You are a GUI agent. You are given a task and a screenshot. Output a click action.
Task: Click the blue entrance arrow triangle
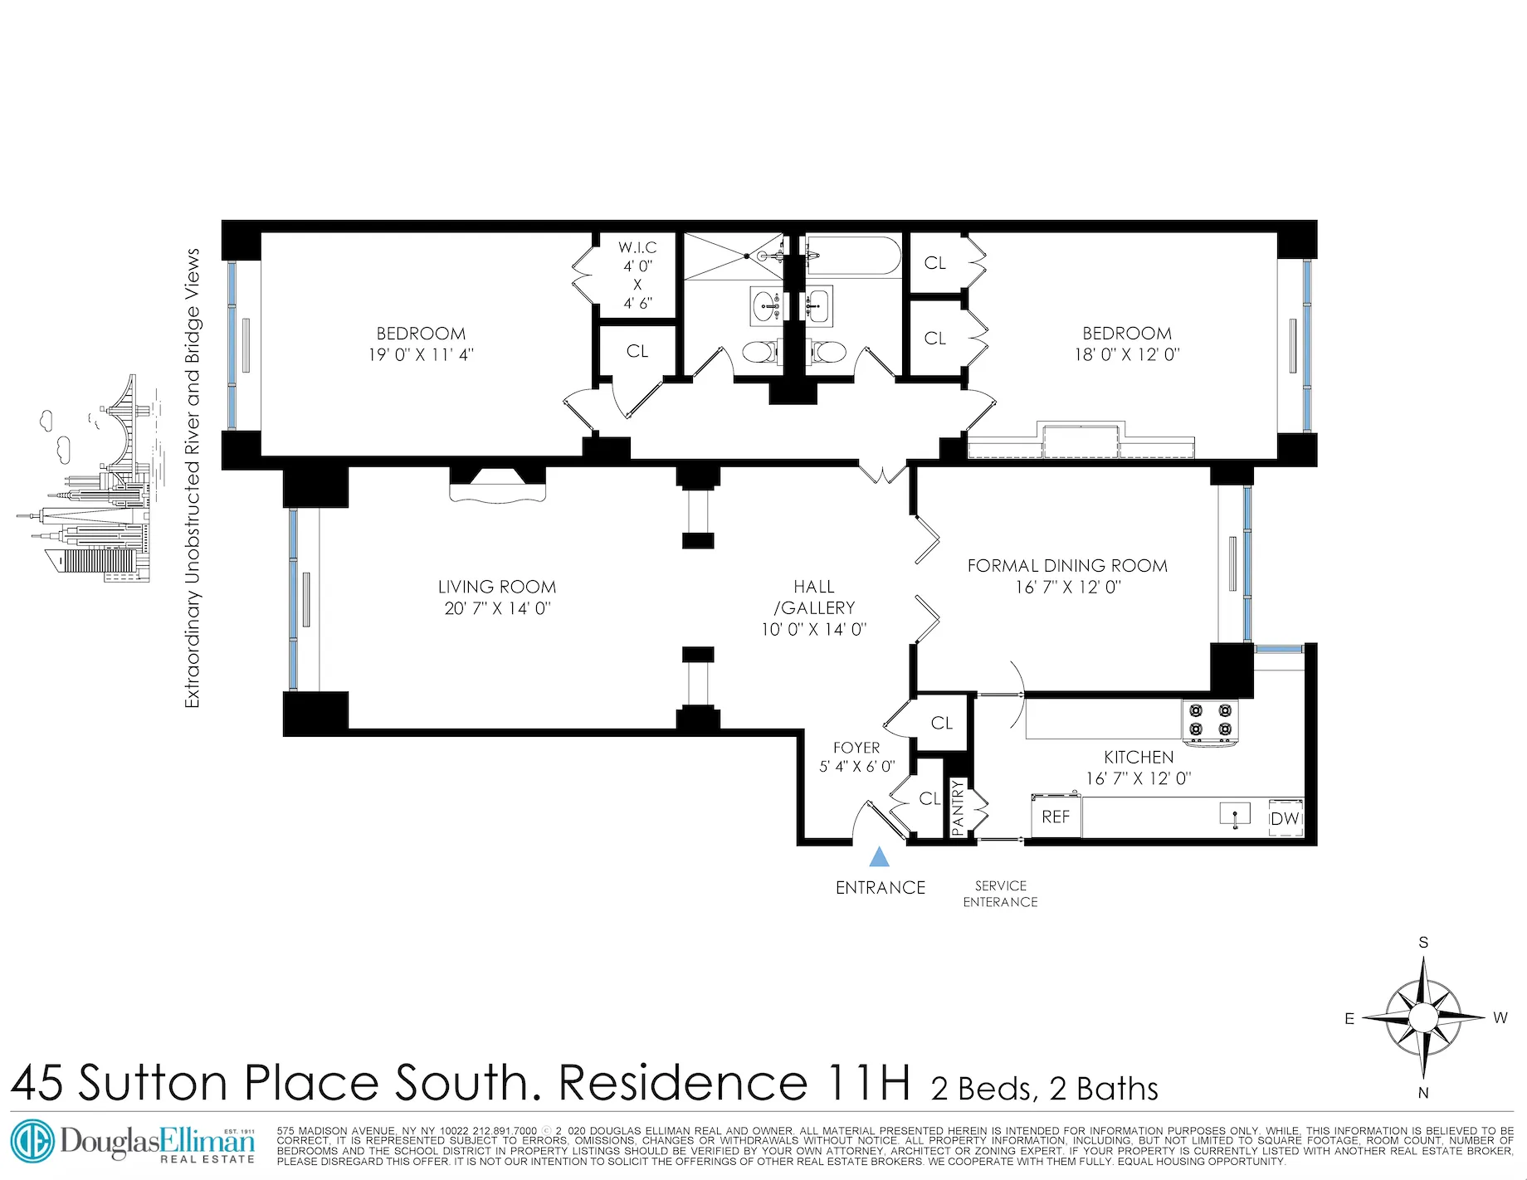879,856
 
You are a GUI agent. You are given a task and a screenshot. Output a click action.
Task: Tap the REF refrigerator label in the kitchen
1056,817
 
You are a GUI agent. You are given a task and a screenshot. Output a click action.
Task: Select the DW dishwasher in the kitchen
1285,818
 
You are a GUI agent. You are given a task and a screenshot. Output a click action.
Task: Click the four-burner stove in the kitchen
1210,719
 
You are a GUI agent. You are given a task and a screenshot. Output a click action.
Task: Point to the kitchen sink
1235,814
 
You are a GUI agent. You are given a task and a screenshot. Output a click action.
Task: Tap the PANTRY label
958,807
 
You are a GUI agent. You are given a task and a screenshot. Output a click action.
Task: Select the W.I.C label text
637,247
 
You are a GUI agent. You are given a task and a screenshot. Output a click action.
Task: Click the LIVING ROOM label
497,587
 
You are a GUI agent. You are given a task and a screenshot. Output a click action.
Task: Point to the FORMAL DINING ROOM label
1067,566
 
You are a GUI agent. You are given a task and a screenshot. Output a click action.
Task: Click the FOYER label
856,748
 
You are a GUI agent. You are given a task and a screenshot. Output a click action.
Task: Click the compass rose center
1423,1017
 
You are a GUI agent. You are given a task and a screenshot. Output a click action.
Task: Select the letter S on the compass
1423,943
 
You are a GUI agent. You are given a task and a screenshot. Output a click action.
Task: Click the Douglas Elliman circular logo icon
32,1142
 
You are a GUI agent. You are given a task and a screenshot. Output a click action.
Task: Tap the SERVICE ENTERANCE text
1000,894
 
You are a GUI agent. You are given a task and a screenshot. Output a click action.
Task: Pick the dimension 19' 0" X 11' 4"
421,354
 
